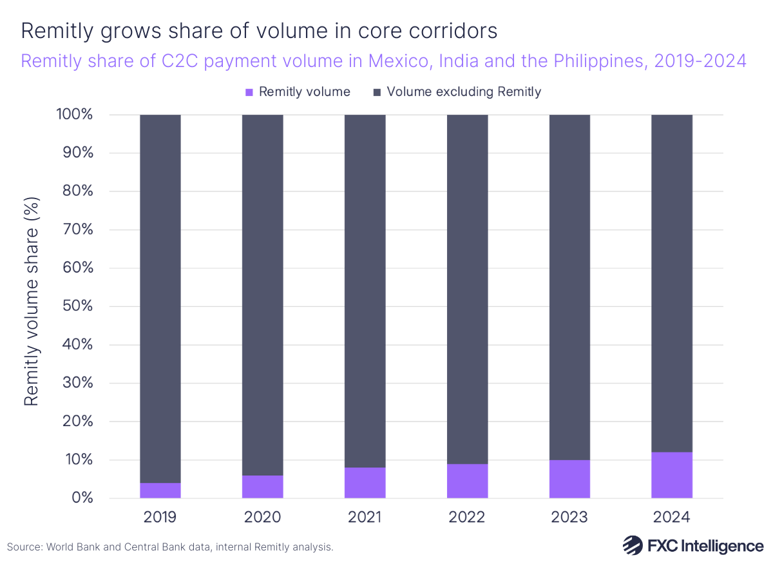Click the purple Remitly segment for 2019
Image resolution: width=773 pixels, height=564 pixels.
click(160, 491)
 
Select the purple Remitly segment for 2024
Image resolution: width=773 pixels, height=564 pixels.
click(672, 475)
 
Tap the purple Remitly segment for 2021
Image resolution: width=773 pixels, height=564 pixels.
click(365, 483)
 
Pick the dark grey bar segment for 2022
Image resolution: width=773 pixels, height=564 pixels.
click(468, 289)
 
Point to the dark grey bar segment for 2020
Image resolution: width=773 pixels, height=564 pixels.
click(263, 295)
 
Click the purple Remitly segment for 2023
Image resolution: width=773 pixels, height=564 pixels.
click(569, 479)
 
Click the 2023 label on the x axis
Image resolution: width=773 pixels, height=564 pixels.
click(569, 517)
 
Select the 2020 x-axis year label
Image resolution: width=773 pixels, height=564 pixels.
click(263, 517)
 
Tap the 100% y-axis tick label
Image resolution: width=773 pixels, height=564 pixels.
click(74, 115)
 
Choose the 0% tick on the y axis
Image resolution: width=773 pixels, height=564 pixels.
click(82, 498)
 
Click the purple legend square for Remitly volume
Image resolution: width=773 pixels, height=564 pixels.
click(250, 92)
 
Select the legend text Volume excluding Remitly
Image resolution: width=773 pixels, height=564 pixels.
click(464, 92)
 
